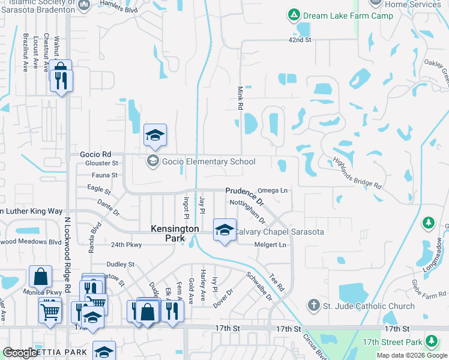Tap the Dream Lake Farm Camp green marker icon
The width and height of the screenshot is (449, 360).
pyautogui.click(x=294, y=15)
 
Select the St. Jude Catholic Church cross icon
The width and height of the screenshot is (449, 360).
pyautogui.click(x=313, y=306)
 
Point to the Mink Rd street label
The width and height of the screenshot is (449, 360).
pyautogui.click(x=240, y=97)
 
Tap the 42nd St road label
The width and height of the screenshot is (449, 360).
pyautogui.click(x=300, y=40)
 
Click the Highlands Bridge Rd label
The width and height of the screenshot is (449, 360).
pyautogui.click(x=358, y=173)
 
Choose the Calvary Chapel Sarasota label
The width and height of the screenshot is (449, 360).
pyautogui.click(x=279, y=232)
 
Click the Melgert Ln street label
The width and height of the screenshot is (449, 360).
pyautogui.click(x=271, y=245)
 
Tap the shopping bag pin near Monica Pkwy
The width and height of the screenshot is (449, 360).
pyautogui.click(x=40, y=277)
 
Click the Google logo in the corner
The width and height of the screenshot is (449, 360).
pyautogui.click(x=20, y=353)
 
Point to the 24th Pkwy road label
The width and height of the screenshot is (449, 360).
pyautogui.click(x=126, y=245)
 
